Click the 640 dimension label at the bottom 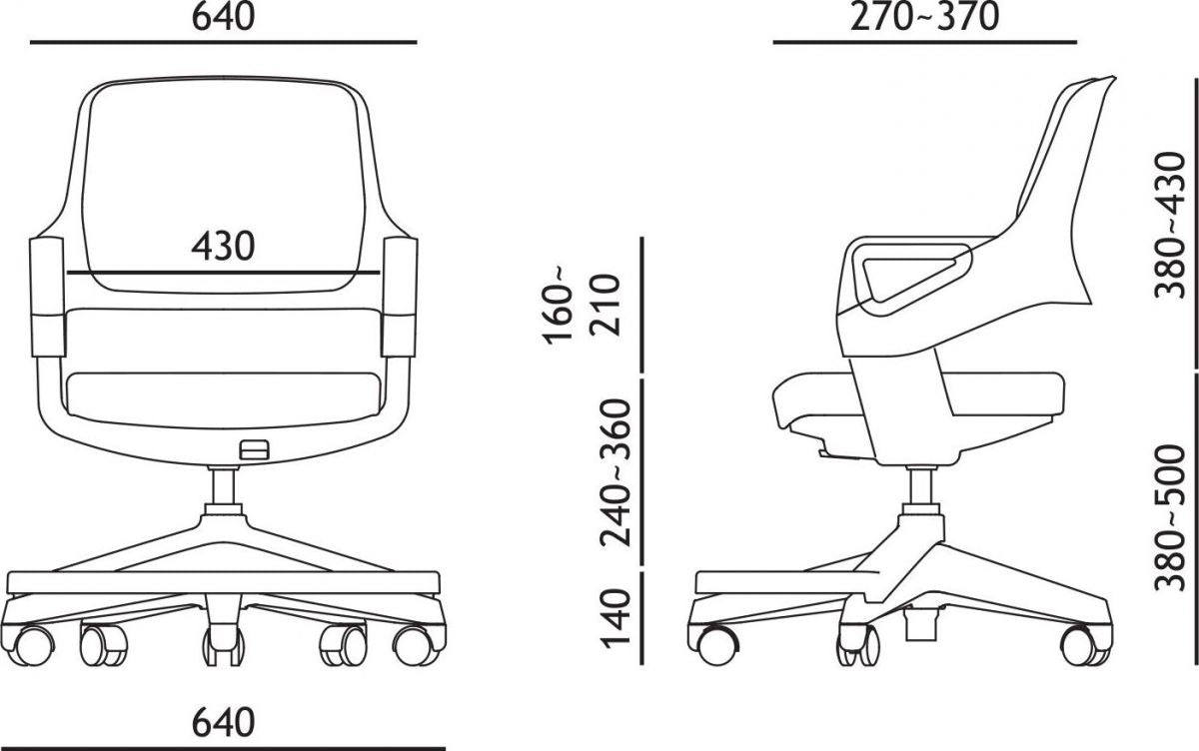coord(222,720)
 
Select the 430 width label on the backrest coord(222,246)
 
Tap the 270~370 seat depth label coord(925,17)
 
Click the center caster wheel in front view coord(222,645)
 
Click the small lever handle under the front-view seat coord(255,450)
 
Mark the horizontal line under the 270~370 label coord(925,44)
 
